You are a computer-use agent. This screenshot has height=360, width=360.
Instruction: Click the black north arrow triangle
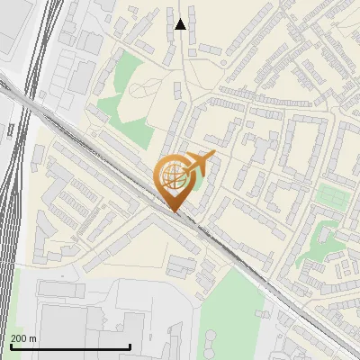pos(180,23)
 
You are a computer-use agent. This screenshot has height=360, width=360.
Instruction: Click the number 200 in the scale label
pos(19,338)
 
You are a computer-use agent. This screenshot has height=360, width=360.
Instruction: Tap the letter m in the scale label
pos(33,339)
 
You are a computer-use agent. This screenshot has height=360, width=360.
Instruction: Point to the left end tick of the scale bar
pos(9,346)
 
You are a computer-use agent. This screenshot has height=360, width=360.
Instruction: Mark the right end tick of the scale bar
pos(130,346)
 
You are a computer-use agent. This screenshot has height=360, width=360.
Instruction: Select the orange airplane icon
pos(201,163)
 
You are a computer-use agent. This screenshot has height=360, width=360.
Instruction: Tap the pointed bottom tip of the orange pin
pos(173,211)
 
